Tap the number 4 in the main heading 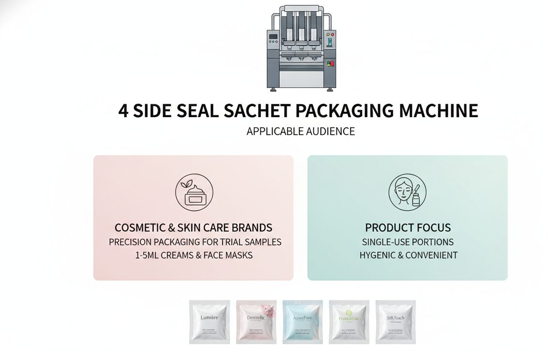click(123, 110)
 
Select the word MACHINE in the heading click(439, 110)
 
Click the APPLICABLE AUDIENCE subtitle click(300, 131)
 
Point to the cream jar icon click(194, 193)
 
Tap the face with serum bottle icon click(407, 193)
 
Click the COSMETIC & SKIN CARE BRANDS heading click(193, 227)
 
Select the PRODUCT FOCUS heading click(408, 227)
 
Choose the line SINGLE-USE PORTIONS click(408, 241)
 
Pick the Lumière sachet click(209, 322)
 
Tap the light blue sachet click(302, 322)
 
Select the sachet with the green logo click(349, 322)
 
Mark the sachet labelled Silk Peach click(395, 322)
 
